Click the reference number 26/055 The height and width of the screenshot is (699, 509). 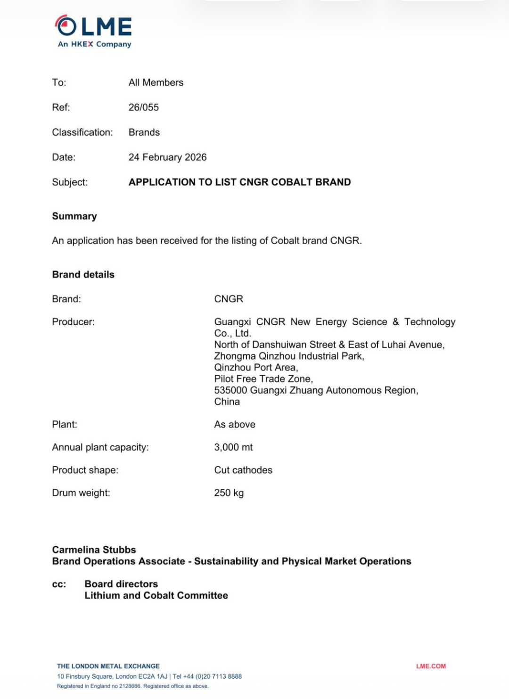click(144, 107)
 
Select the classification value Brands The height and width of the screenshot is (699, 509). click(144, 132)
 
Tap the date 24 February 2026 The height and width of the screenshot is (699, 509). click(167, 157)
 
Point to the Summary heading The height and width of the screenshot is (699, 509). click(74, 216)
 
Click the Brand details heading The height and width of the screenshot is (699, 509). click(83, 275)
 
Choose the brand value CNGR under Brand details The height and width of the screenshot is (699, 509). click(229, 299)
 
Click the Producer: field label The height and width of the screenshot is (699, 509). click(73, 322)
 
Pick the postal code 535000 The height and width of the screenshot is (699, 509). click(230, 390)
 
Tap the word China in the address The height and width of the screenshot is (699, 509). click(227, 402)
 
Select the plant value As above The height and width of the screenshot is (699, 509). click(235, 425)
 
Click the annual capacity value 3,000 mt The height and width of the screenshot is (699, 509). click(233, 447)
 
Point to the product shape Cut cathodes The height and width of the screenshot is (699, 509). click(243, 470)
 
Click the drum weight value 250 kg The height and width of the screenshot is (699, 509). click(229, 493)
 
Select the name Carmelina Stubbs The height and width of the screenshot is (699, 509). click(94, 550)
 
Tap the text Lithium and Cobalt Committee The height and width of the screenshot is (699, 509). click(156, 596)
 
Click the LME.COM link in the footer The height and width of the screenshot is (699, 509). click(431, 666)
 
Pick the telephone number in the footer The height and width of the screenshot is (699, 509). click(207, 676)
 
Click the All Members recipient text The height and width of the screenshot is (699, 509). click(156, 82)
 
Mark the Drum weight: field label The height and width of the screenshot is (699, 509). click(81, 493)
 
